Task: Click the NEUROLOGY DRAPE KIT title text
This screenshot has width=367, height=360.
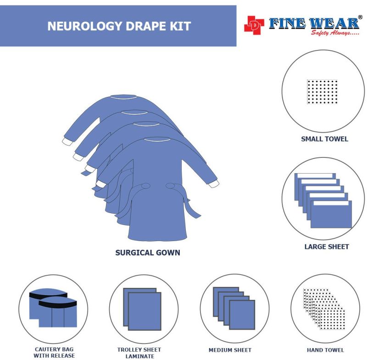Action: point(119,26)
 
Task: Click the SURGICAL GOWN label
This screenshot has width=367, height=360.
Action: point(147,253)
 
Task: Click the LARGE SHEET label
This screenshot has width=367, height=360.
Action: point(327,247)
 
